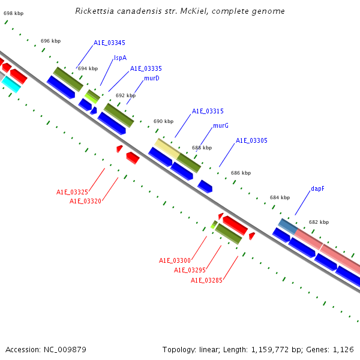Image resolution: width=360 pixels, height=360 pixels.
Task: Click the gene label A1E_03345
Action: [109, 43]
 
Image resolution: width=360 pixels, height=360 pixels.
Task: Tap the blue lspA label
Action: [120, 58]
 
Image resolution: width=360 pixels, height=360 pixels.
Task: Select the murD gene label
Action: [151, 79]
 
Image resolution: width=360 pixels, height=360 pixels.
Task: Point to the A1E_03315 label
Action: [208, 112]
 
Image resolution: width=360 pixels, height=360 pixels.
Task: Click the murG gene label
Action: [221, 126]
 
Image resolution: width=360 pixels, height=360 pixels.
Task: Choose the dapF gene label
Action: [317, 188]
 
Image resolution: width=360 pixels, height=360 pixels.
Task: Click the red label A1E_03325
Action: [73, 192]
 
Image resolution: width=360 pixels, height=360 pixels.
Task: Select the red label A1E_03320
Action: [85, 201]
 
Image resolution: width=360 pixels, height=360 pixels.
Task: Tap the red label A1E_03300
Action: [175, 260]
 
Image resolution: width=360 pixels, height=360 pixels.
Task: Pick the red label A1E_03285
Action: [206, 280]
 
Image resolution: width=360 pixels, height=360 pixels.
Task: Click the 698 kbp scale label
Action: [13, 13]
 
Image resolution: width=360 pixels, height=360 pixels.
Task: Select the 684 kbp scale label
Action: [280, 197]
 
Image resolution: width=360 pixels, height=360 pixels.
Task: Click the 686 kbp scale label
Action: [241, 173]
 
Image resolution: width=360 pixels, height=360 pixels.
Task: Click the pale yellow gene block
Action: [167, 148]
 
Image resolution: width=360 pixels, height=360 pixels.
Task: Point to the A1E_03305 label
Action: [251, 140]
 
